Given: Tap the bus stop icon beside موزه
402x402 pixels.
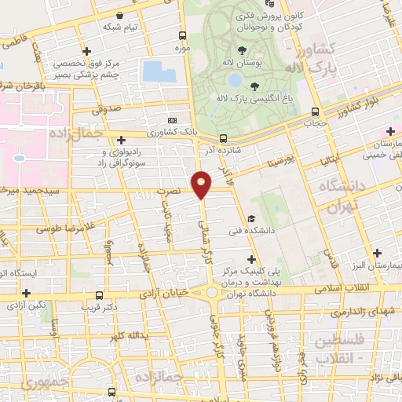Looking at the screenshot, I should pos(181,35).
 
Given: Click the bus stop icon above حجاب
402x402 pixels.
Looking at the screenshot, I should pos(315,111).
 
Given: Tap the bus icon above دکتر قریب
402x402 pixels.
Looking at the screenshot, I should pos(98,294).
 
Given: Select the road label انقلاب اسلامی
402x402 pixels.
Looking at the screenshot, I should pos(342,288).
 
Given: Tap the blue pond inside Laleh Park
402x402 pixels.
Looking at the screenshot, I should pos(235,80).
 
